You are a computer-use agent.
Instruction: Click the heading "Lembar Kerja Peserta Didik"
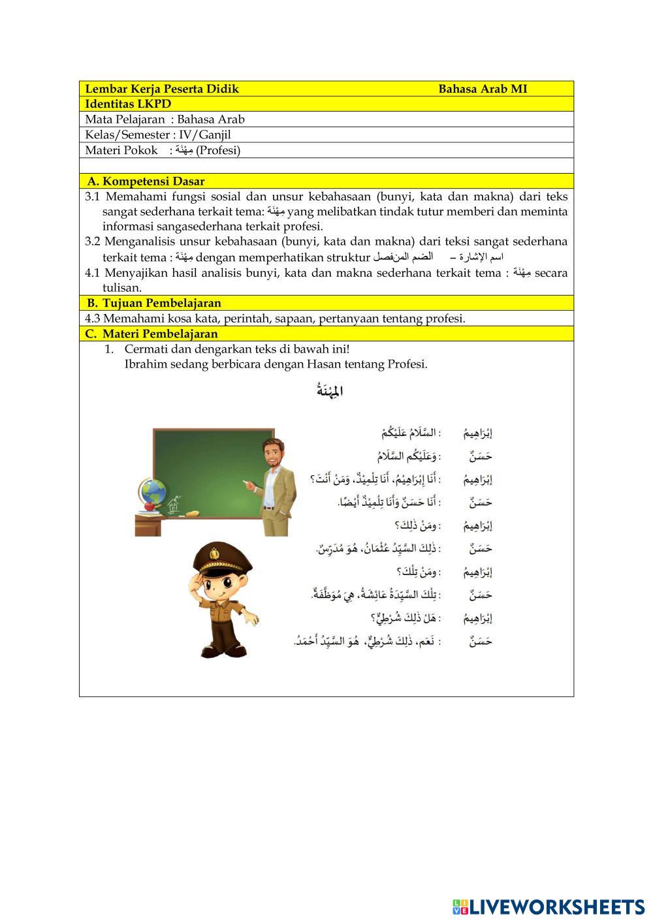(162, 89)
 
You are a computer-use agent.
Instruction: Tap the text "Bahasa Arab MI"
(483, 89)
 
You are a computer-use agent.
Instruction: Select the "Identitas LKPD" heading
(128, 104)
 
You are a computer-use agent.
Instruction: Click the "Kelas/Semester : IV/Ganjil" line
(158, 135)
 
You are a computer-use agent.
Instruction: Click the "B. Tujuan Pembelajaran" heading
(153, 304)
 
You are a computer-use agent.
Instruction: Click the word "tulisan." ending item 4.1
(121, 288)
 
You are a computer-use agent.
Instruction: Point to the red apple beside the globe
(149, 506)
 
